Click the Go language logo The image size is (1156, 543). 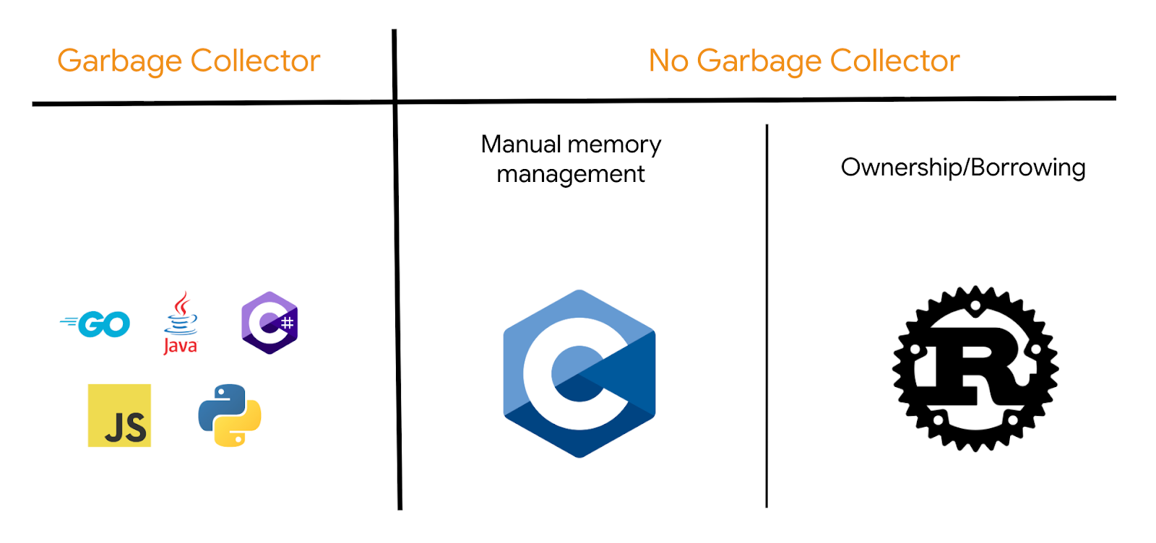pyautogui.click(x=96, y=324)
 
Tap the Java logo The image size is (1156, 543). pyautogui.click(x=180, y=323)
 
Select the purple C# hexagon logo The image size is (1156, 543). pyautogui.click(x=269, y=323)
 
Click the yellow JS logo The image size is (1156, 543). pyautogui.click(x=119, y=415)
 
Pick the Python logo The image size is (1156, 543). pyautogui.click(x=230, y=415)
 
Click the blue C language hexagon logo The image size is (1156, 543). pyautogui.click(x=579, y=373)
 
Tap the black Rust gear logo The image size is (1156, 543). pyautogui.click(x=975, y=368)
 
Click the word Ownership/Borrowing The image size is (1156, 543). pyautogui.click(x=963, y=168)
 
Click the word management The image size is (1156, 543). pyautogui.click(x=571, y=174)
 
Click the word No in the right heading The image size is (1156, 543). pyautogui.click(x=668, y=61)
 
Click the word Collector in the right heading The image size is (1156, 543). pyautogui.click(x=894, y=61)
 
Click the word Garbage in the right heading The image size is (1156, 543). pyautogui.click(x=759, y=61)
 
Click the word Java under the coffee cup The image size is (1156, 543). pyautogui.click(x=180, y=346)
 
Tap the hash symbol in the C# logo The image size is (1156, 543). pyautogui.click(x=287, y=323)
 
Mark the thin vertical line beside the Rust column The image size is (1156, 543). pyautogui.click(x=767, y=318)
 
